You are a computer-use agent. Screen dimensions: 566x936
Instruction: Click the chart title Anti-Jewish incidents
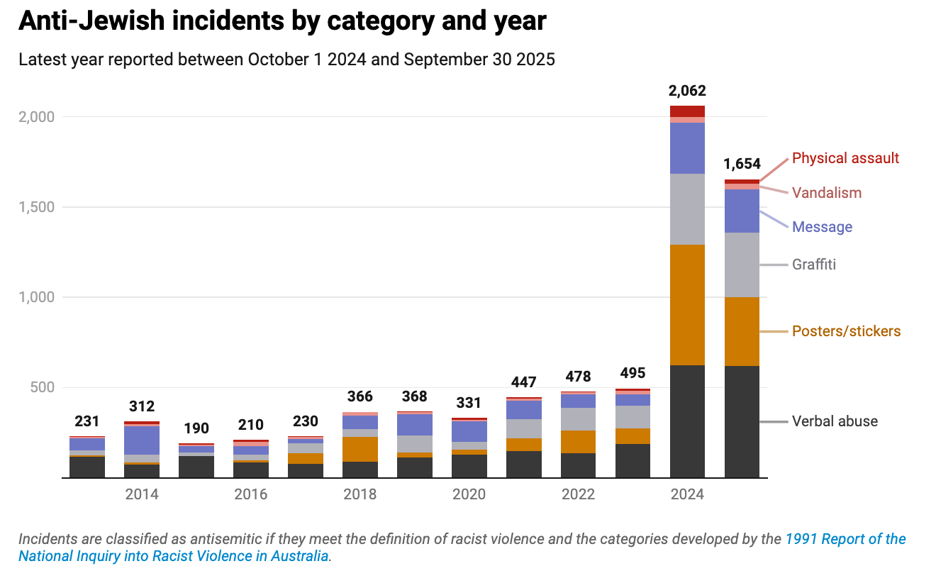click(x=282, y=21)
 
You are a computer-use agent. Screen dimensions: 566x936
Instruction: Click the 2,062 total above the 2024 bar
click(x=687, y=91)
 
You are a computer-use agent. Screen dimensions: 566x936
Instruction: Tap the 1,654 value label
click(x=742, y=165)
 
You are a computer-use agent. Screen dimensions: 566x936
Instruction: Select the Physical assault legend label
click(x=845, y=158)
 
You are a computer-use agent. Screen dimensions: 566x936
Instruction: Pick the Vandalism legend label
click(x=827, y=193)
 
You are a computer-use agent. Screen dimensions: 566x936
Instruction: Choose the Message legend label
click(x=822, y=227)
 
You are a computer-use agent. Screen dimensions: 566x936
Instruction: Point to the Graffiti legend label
click(x=814, y=265)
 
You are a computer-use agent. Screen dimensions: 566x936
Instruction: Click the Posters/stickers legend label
click(x=846, y=331)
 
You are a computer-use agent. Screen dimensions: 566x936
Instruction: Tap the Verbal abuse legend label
click(x=835, y=421)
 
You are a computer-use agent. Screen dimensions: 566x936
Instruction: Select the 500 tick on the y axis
click(x=42, y=388)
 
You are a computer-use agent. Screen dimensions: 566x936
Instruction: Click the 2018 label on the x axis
click(x=360, y=494)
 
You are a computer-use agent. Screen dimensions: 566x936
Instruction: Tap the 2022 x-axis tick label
click(x=578, y=494)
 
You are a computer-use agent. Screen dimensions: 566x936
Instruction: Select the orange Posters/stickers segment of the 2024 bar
click(x=687, y=305)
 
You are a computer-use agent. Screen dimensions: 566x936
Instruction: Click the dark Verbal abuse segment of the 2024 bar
click(x=687, y=421)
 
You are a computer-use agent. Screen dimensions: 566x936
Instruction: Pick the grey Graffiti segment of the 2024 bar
click(x=687, y=209)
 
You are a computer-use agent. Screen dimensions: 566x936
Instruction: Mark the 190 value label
click(x=196, y=428)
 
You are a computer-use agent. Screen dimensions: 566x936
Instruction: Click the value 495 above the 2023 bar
click(x=633, y=373)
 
